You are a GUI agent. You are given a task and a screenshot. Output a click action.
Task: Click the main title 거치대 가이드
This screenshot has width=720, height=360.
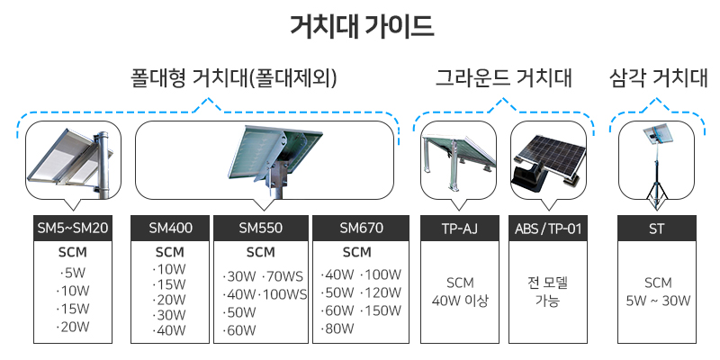[x=362, y=26]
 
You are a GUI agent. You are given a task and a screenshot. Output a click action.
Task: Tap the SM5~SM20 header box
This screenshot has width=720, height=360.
[x=73, y=229]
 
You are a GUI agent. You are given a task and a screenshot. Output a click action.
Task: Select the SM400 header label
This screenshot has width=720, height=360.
[x=170, y=229]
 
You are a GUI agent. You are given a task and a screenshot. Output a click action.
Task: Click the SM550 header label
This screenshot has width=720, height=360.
[x=260, y=229]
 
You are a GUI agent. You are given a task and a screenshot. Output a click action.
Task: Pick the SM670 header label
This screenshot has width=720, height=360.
[x=361, y=229]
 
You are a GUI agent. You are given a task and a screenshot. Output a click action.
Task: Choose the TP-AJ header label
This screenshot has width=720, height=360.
[x=460, y=229]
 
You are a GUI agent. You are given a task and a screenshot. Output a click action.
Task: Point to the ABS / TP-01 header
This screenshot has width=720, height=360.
[x=548, y=229]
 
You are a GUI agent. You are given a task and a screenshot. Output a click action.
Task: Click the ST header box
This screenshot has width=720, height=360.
[x=657, y=229]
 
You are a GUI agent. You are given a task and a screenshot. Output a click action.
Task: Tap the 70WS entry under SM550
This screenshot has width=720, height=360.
[x=283, y=277]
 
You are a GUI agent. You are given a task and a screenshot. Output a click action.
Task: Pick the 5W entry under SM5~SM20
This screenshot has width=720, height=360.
[x=73, y=274]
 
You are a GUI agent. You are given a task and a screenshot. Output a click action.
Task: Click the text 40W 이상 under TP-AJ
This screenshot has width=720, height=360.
[x=460, y=301]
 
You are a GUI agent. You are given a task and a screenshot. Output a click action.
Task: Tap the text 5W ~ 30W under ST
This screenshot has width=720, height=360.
[x=658, y=301]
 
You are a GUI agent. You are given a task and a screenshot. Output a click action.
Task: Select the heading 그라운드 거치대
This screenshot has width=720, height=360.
[x=504, y=78]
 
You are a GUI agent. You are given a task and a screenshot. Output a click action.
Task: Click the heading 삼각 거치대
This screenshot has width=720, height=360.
[x=659, y=78]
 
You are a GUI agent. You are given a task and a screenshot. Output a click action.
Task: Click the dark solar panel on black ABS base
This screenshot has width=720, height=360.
[x=549, y=161]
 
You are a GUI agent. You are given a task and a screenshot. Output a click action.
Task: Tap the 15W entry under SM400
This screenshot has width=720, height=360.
[x=169, y=284]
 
